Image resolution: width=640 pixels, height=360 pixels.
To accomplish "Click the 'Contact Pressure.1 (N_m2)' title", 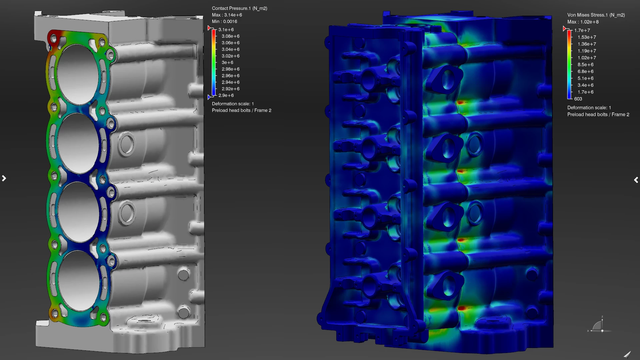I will coord(239,8).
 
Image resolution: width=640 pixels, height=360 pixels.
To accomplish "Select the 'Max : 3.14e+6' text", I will coord(227,15).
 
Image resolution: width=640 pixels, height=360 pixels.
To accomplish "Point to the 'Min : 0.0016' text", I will coord(224,22).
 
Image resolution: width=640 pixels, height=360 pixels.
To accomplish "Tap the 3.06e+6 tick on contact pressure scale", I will coord(230,43).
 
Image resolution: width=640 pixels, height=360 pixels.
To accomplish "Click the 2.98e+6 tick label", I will coord(230,69).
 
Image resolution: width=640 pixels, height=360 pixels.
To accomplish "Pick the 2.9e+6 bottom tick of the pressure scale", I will coord(226,95).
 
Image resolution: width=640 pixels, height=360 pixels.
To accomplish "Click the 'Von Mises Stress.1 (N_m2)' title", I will coord(596,15).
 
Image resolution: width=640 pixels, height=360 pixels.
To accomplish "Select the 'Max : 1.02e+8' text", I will coord(583,22).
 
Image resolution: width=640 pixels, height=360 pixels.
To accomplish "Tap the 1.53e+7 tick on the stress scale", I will coord(587,37).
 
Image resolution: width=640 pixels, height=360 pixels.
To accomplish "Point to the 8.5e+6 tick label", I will coord(585,65).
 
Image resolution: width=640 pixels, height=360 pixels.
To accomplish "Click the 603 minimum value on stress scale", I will coord(578,99).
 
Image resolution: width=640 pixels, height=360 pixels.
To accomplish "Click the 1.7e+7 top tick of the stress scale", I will coord(582,30).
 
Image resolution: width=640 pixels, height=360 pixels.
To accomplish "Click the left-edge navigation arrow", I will coord(4,178).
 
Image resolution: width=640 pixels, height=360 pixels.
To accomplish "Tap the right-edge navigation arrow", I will coord(636,180).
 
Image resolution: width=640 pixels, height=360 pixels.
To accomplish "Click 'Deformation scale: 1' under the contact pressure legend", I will coord(233,104).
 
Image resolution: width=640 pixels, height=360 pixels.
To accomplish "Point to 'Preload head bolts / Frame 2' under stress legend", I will coord(598,115).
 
